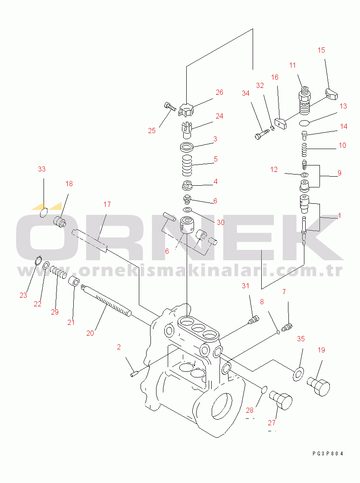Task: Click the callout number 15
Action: click(x=321, y=50)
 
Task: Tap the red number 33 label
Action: click(x=42, y=169)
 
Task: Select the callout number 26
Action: click(x=219, y=92)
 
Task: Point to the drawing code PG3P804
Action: click(x=328, y=453)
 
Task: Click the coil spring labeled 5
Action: click(x=187, y=165)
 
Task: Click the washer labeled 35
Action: click(x=298, y=374)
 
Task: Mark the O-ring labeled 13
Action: click(x=304, y=123)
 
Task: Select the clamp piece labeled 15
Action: click(x=332, y=94)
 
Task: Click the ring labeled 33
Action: click(x=44, y=212)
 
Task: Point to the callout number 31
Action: click(x=245, y=286)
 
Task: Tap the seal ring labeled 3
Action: click(x=187, y=147)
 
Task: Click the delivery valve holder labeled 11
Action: click(x=305, y=99)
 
